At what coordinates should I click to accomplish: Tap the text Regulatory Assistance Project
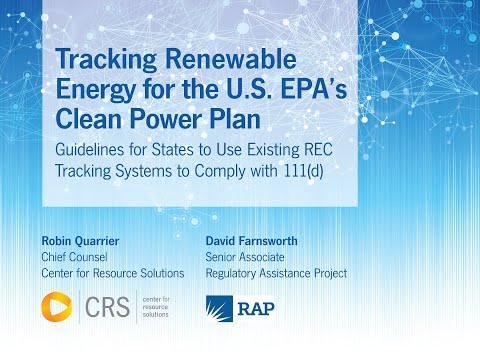point(275,273)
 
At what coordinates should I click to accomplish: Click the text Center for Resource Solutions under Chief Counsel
point(113,273)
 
